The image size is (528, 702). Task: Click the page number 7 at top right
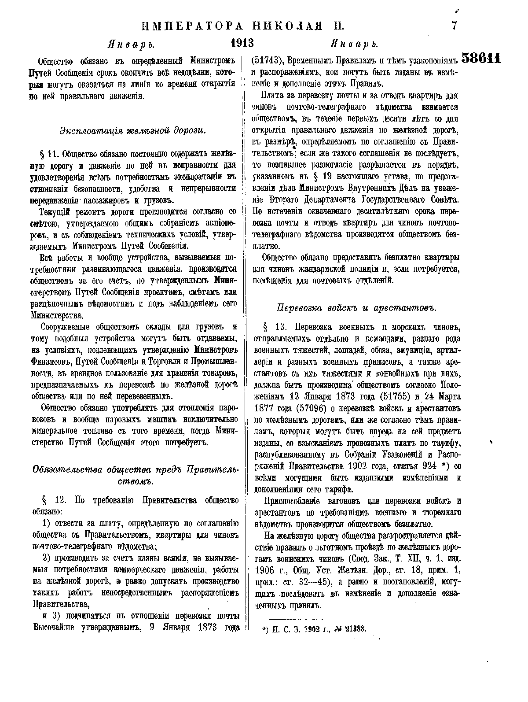click(x=454, y=26)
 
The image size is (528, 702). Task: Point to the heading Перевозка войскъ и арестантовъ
click(x=356, y=308)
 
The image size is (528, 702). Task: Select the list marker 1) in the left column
click(x=47, y=523)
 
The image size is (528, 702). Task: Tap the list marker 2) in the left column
click(x=47, y=559)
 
